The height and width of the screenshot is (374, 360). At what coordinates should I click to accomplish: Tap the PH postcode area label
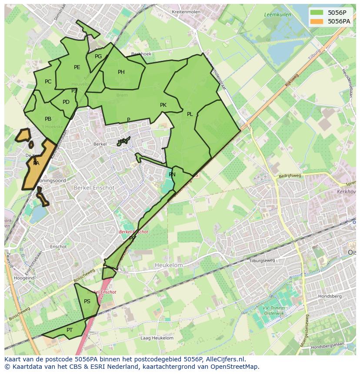tap(121, 72)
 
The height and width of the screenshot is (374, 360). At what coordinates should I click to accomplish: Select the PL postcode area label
tap(190, 114)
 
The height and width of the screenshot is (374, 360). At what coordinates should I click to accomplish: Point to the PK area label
tap(163, 105)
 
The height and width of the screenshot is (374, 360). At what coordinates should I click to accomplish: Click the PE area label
tap(77, 67)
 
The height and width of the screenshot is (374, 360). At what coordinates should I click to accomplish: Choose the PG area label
tap(98, 56)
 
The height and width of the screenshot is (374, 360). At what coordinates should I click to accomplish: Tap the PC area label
tap(48, 82)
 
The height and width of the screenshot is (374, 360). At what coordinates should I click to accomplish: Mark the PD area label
tap(66, 103)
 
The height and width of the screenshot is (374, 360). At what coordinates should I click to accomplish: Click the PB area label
tap(48, 119)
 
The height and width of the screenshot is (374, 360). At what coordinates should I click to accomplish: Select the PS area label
tap(87, 301)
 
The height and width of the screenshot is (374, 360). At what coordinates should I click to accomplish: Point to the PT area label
tap(70, 330)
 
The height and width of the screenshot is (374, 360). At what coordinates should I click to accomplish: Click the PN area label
tap(172, 175)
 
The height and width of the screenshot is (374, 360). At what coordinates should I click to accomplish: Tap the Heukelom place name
tap(169, 265)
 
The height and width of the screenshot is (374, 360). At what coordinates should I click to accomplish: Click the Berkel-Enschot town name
tap(94, 188)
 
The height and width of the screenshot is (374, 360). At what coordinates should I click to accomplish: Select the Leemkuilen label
tap(277, 15)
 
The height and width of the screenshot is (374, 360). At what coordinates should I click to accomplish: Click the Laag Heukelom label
tap(157, 338)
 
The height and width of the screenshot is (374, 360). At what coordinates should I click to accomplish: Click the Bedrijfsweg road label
tap(290, 176)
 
